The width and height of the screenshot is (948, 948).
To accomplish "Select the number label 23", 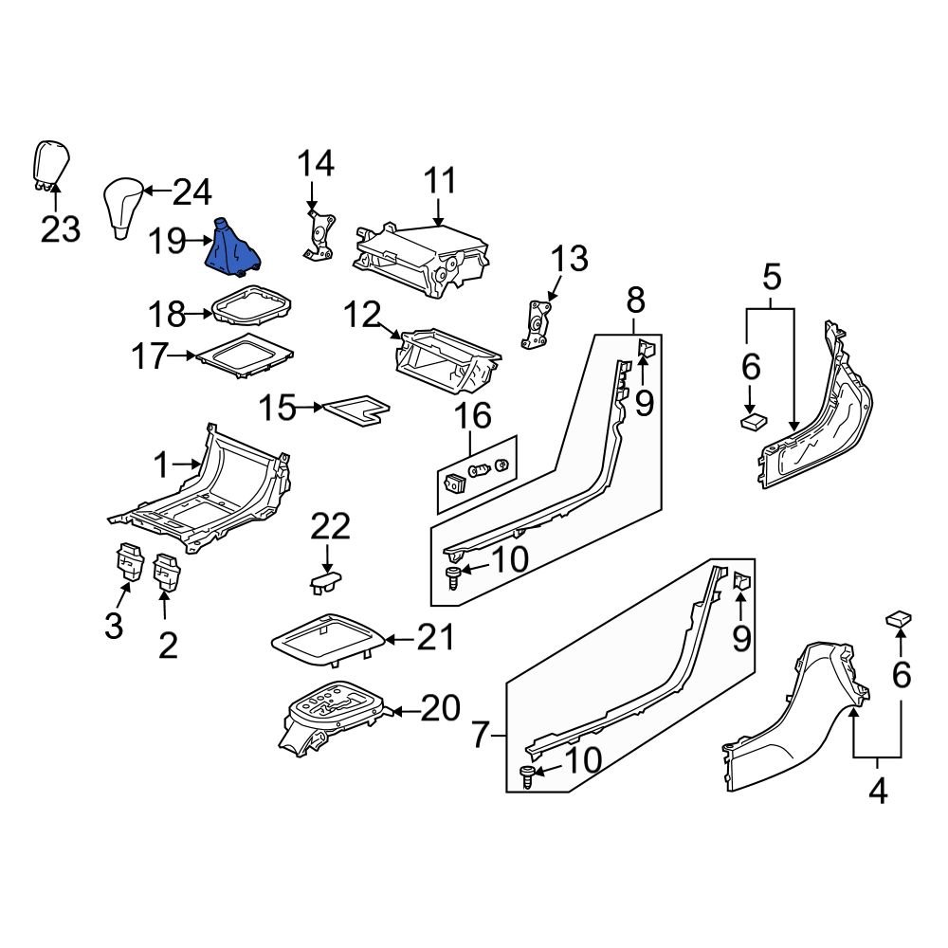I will click(61, 228).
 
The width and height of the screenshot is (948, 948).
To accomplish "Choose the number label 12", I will click(362, 315).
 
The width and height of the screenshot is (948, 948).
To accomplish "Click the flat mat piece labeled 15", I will click(355, 409).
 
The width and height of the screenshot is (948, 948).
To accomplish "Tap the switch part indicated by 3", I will click(127, 564).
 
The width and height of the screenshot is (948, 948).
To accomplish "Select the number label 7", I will click(481, 734).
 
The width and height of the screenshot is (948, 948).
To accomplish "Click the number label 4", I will click(878, 790).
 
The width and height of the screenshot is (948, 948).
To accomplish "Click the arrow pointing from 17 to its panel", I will click(183, 356).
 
